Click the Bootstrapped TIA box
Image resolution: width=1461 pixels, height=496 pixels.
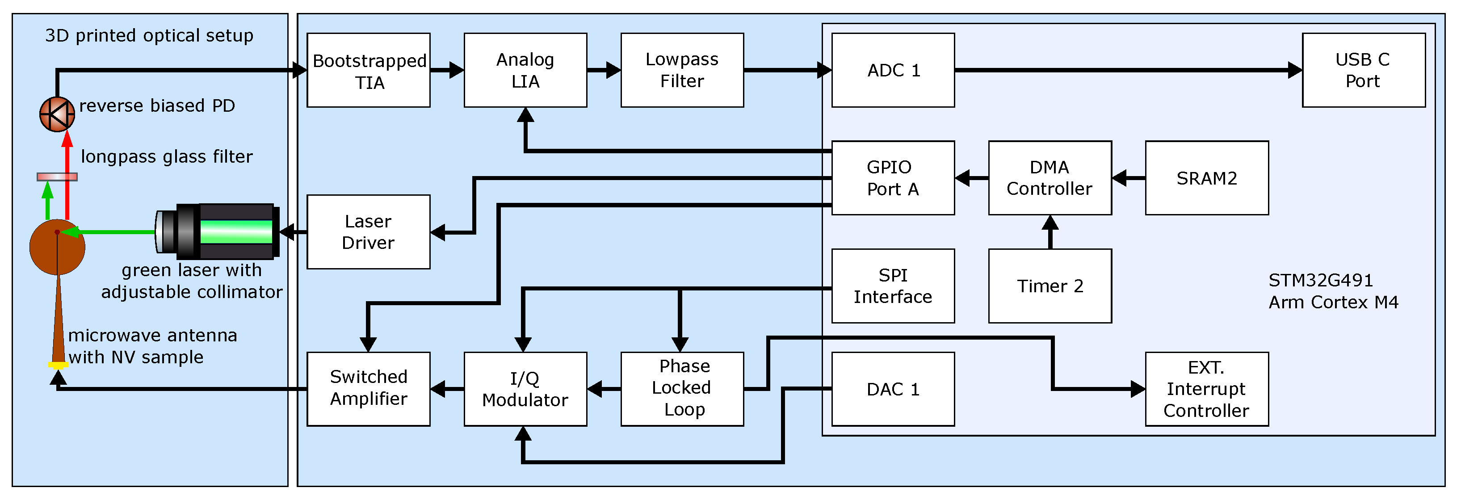(x=368, y=70)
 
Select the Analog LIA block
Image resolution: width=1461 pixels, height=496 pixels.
(x=525, y=70)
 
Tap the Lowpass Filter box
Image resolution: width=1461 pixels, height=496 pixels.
(x=682, y=70)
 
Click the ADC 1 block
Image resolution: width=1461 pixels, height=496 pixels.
(x=893, y=70)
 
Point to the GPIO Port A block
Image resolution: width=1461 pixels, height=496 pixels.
(x=893, y=178)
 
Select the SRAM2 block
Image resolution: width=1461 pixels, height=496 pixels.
(x=1206, y=178)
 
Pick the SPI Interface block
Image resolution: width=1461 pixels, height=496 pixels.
(x=893, y=286)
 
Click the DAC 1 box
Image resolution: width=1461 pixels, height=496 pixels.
(x=893, y=389)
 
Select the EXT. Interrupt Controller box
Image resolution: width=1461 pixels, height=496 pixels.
(x=1206, y=389)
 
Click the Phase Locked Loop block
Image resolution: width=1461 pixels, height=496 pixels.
(x=682, y=389)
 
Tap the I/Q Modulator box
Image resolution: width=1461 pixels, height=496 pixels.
(x=525, y=389)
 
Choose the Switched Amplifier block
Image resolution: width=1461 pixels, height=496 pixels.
(x=368, y=389)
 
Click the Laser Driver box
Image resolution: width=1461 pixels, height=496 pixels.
(x=368, y=231)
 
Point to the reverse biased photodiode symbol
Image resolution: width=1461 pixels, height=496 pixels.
(x=57, y=114)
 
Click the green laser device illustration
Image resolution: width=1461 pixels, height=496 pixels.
(x=218, y=231)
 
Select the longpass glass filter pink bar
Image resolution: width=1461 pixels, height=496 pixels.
(x=57, y=177)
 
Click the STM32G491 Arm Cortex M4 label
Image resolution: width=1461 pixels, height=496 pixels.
(x=1333, y=291)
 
